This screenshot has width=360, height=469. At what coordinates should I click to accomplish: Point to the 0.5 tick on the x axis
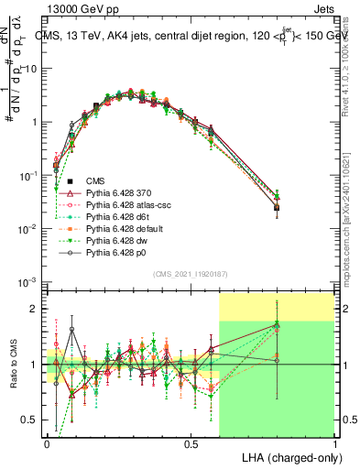coord(191,442)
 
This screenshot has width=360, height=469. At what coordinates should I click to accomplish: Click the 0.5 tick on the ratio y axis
coord(32,420)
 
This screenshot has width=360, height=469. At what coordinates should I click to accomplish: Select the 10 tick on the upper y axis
coord(33,69)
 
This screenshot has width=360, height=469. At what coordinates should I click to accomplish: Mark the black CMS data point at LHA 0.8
coord(277,208)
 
